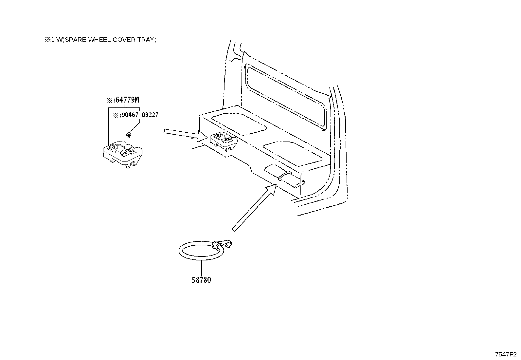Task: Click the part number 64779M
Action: (x=127, y=100)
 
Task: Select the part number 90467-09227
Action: (x=140, y=115)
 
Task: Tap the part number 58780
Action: (x=201, y=280)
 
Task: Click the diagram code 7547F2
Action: (x=506, y=354)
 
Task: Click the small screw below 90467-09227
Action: (x=128, y=134)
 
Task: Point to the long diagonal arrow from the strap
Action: (x=254, y=207)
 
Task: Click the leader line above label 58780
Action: (x=201, y=268)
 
